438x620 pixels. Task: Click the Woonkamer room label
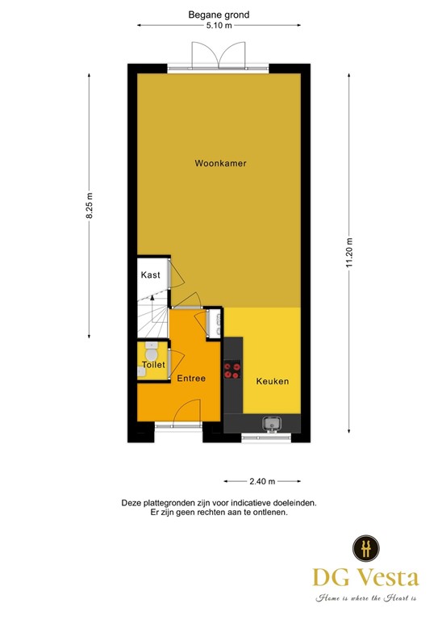(220, 163)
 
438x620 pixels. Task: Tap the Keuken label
(272, 381)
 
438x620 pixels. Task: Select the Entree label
(192, 378)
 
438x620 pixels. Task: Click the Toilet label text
(153, 365)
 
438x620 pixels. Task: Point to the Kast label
(150, 275)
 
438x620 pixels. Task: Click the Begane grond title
(219, 15)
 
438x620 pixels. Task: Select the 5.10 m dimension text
(219, 26)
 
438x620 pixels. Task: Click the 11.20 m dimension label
(349, 253)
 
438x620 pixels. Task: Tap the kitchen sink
(271, 422)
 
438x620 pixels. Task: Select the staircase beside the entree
(152, 316)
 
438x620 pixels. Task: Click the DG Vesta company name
(366, 577)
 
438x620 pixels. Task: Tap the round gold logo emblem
(365, 548)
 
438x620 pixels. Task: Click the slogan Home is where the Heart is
(366, 598)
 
